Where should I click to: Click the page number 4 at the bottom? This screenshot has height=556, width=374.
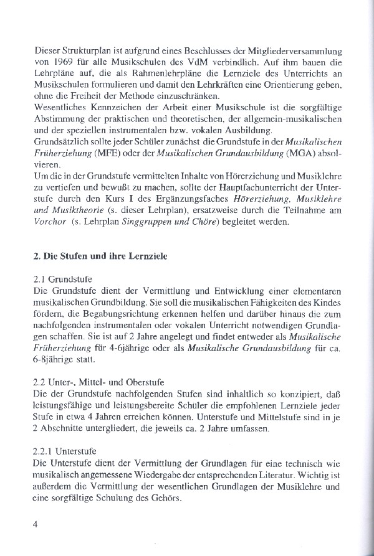coord(36,524)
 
